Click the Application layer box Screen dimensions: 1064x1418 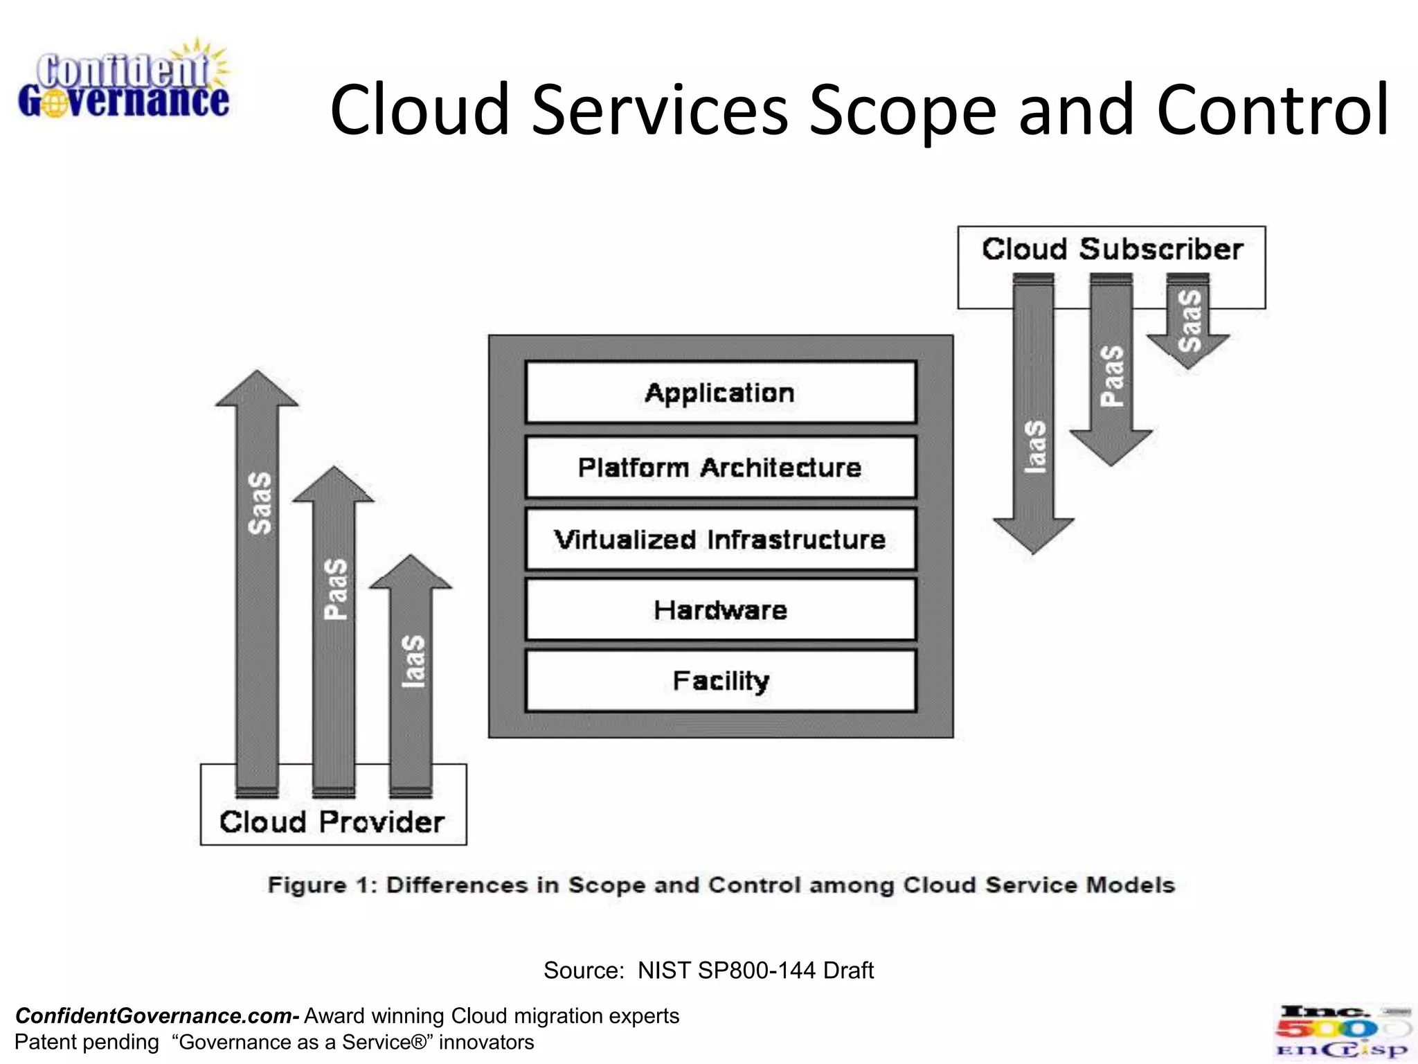pos(720,393)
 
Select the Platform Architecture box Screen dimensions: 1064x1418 pos(720,468)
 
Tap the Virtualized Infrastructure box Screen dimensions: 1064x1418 pos(720,540)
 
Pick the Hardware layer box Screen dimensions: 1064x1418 pos(720,610)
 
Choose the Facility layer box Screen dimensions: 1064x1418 pos(720,681)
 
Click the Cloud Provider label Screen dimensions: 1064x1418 pos(332,822)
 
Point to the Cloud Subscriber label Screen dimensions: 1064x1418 pos(1112,249)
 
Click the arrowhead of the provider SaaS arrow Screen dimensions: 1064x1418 pos(258,390)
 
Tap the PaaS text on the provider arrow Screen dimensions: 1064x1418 pos(336,589)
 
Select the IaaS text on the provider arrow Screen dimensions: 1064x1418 pos(413,662)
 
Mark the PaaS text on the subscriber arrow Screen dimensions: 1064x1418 pos(1112,376)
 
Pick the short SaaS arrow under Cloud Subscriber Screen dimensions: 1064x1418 pos(1189,322)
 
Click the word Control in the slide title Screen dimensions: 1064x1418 pos(1273,109)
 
